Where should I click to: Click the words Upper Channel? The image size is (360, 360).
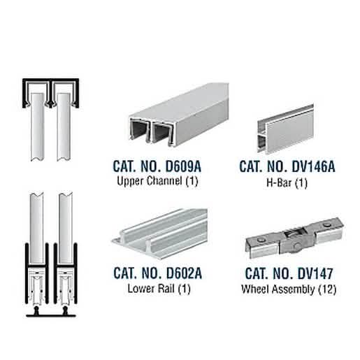tap(149, 181)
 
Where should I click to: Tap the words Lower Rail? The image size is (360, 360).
tap(151, 289)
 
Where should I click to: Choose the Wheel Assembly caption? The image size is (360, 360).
tap(278, 289)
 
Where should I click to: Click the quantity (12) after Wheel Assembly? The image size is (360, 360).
tap(327, 289)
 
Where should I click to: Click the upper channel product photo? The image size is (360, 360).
tap(179, 115)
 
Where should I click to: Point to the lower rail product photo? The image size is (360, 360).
tap(159, 233)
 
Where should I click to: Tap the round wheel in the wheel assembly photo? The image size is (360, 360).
tap(296, 246)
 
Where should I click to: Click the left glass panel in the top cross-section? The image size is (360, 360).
tap(37, 127)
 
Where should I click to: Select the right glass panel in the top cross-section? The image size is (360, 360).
tap(64, 127)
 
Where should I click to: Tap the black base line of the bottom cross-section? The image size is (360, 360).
tap(51, 316)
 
